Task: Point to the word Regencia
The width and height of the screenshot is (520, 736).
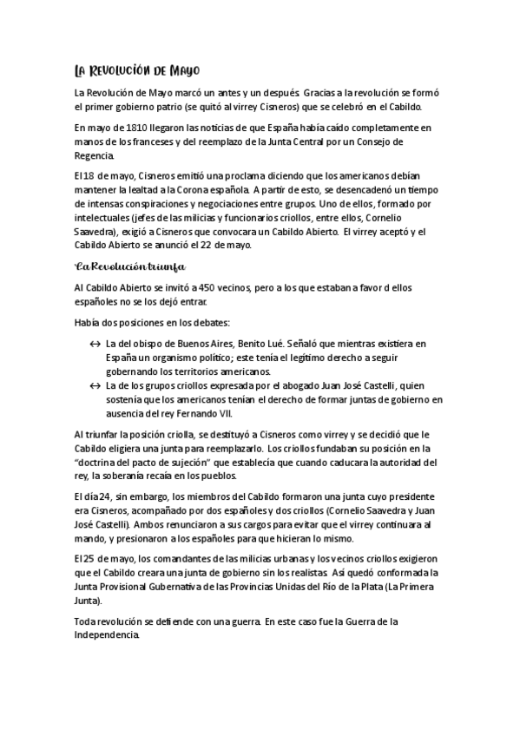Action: [95, 156]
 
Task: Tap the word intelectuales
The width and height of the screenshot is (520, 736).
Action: [105, 218]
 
